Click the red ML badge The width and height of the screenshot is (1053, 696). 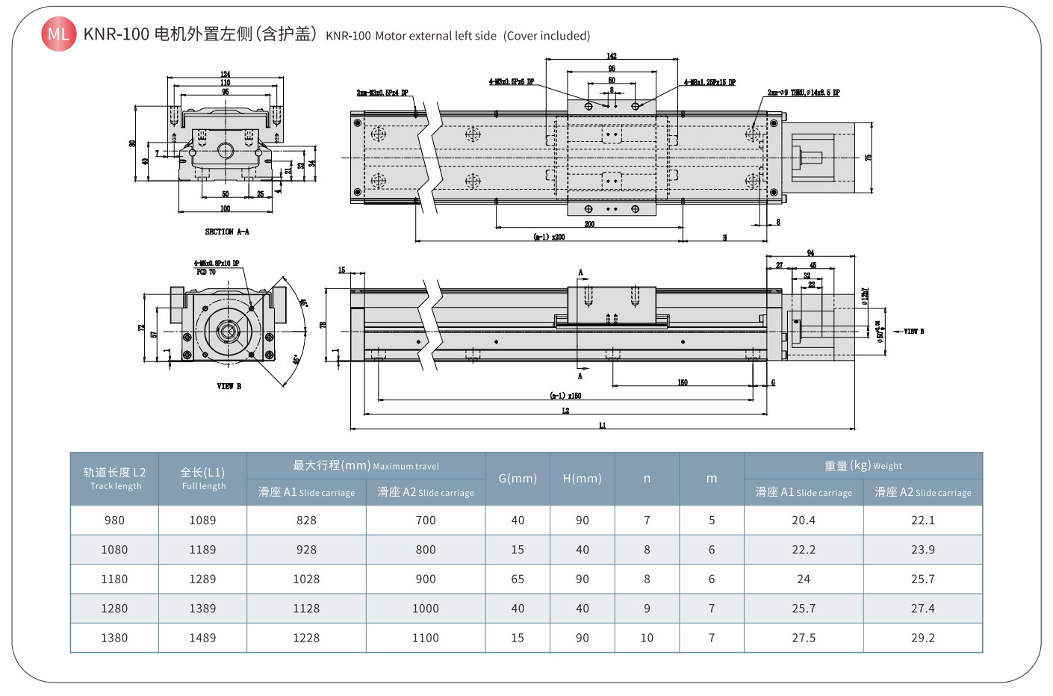click(x=58, y=34)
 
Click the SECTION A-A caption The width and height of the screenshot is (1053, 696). click(x=227, y=232)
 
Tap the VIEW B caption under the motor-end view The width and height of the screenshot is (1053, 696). click(x=229, y=387)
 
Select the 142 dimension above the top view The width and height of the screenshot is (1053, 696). click(x=612, y=56)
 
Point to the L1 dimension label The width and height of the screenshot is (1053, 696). click(x=603, y=426)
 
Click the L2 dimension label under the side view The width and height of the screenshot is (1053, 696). click(x=565, y=411)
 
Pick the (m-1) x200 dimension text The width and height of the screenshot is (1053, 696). click(x=549, y=237)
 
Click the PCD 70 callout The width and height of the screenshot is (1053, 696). click(x=206, y=272)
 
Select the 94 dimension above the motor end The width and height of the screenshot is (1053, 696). click(x=810, y=253)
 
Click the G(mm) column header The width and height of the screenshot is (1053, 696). click(x=518, y=479)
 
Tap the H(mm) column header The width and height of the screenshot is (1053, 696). click(x=582, y=479)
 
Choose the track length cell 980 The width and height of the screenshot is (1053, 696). click(x=114, y=521)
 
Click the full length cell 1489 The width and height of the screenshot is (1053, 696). click(x=202, y=638)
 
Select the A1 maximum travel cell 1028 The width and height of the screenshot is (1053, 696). click(x=306, y=579)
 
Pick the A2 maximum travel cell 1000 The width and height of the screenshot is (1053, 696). click(x=426, y=609)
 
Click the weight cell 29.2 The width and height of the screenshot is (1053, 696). click(x=922, y=638)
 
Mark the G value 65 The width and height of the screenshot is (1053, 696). click(x=518, y=579)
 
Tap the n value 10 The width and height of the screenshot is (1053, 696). click(x=647, y=638)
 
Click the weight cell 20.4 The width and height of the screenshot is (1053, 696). click(x=804, y=521)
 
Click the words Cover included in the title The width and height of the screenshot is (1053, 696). click(x=547, y=36)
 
